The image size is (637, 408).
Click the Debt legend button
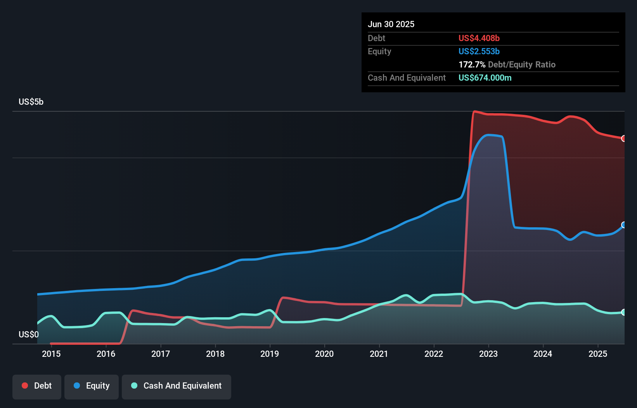pyautogui.click(x=37, y=386)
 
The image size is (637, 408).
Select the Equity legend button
pyautogui.click(x=92, y=386)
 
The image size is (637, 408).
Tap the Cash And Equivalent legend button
pyautogui.click(x=177, y=386)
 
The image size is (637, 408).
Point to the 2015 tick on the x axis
pyautogui.click(x=51, y=354)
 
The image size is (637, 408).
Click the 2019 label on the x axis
pyautogui.click(x=270, y=354)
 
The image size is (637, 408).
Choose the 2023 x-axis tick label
pyautogui.click(x=488, y=354)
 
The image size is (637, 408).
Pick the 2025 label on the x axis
pyautogui.click(x=597, y=354)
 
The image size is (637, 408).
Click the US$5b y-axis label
pyautogui.click(x=31, y=102)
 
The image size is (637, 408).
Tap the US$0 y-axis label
pyautogui.click(x=29, y=334)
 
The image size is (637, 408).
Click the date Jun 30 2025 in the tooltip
pyautogui.click(x=391, y=24)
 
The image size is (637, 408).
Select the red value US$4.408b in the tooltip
pyautogui.click(x=479, y=38)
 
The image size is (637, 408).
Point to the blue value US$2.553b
pyautogui.click(x=479, y=52)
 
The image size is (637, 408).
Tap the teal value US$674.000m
pyautogui.click(x=485, y=78)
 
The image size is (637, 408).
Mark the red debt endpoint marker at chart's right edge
pyautogui.click(x=623, y=138)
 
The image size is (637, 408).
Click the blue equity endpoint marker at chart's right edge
pyautogui.click(x=623, y=225)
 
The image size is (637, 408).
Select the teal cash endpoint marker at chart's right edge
pyautogui.click(x=623, y=312)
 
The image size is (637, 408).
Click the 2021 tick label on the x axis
pyautogui.click(x=379, y=354)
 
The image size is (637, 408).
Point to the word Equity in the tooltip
pyautogui.click(x=379, y=52)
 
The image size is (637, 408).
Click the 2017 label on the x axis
pyautogui.click(x=161, y=354)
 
